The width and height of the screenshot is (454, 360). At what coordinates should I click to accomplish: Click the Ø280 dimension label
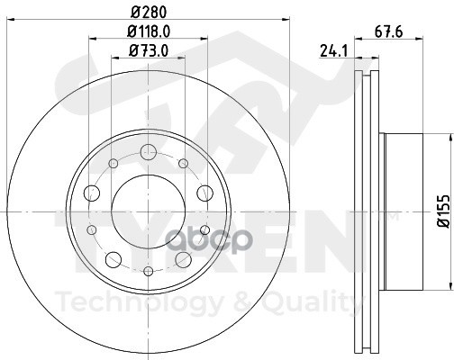[149, 13]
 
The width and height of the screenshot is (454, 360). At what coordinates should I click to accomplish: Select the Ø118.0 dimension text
[149, 31]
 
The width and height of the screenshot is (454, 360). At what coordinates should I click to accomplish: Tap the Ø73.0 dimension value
[149, 50]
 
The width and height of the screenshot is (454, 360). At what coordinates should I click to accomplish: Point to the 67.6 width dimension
[388, 31]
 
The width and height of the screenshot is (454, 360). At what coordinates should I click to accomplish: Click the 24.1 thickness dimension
[333, 50]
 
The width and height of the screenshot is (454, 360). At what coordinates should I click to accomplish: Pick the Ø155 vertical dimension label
[444, 211]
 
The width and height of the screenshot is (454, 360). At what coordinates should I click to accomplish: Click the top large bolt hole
[149, 152]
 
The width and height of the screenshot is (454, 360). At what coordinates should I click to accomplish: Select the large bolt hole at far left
[92, 193]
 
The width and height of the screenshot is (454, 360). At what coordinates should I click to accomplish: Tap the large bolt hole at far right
[204, 193]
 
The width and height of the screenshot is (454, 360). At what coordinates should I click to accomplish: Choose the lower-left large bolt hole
[113, 259]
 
